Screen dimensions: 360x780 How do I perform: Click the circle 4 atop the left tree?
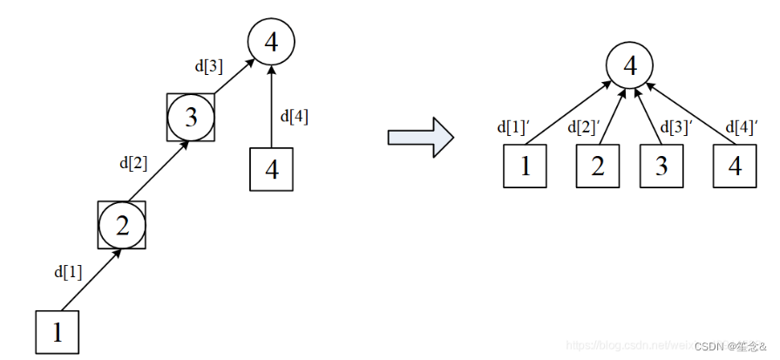[x=271, y=41]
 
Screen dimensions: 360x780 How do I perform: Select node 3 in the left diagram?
[x=192, y=118]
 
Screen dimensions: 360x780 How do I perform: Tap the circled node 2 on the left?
[x=122, y=226]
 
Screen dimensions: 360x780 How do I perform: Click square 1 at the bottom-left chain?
[x=58, y=332]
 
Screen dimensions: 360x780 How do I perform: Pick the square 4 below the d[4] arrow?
[x=271, y=169]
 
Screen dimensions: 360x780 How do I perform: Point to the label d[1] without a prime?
[x=68, y=271]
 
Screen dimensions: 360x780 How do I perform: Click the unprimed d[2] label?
[x=133, y=161]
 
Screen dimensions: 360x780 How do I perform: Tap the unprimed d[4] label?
[x=294, y=115]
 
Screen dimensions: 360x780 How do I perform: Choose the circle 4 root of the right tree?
[x=630, y=65]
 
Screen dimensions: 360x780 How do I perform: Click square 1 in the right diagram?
[x=526, y=166]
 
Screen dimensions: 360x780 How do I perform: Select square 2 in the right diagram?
[x=598, y=166]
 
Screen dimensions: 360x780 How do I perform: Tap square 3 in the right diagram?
[x=661, y=166]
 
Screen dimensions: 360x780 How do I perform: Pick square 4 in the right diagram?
[x=735, y=166]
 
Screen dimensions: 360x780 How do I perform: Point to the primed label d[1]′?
[x=513, y=127]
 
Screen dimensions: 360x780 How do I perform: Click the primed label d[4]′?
[x=742, y=127]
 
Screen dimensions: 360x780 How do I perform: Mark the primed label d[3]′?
[x=675, y=127]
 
